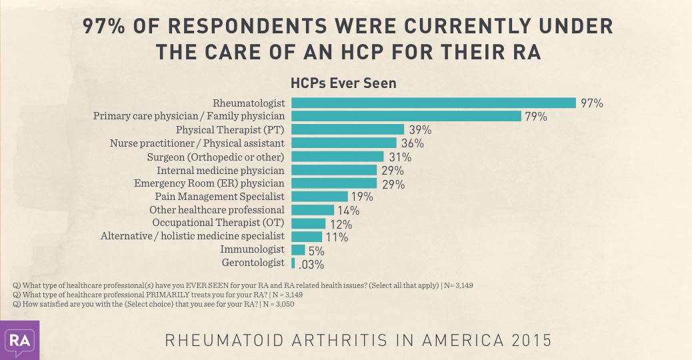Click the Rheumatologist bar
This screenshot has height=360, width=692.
tap(433, 103)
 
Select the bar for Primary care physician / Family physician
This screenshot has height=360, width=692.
tap(406, 116)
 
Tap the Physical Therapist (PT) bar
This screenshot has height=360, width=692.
tap(348, 129)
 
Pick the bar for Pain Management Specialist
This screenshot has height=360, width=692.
tap(320, 196)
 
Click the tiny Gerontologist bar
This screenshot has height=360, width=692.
tap(293, 263)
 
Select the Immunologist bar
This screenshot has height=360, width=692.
tap(298, 250)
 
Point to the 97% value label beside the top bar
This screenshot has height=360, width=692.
tap(591, 103)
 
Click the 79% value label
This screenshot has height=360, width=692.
tap(536, 117)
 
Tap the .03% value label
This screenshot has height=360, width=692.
tap(311, 265)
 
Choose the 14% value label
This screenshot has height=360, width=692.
tap(349, 211)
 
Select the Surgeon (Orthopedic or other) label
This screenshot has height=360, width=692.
tap(216, 157)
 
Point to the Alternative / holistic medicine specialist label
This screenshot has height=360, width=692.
tap(193, 236)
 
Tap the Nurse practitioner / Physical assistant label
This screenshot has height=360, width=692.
tap(197, 143)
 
